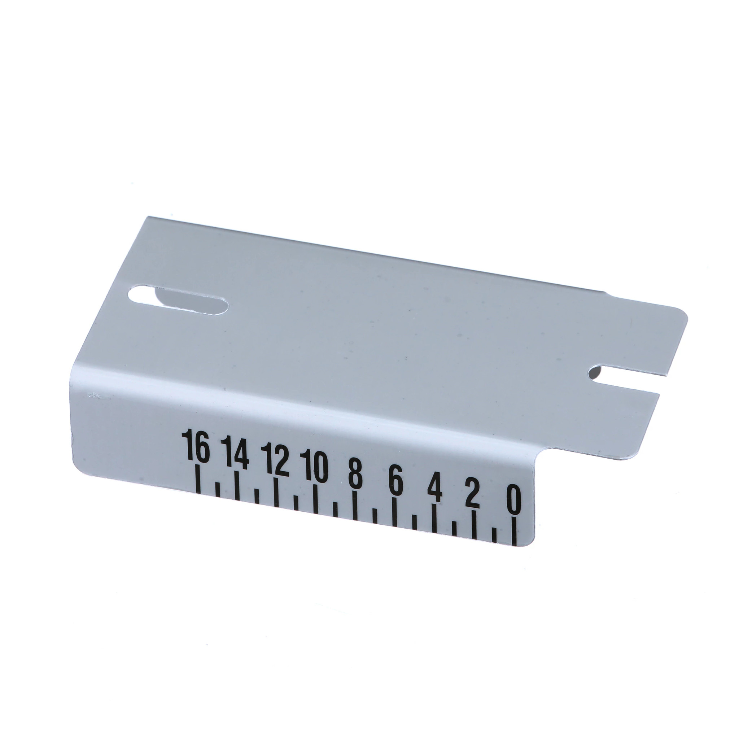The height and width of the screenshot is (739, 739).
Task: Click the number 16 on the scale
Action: [x=197, y=446]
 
